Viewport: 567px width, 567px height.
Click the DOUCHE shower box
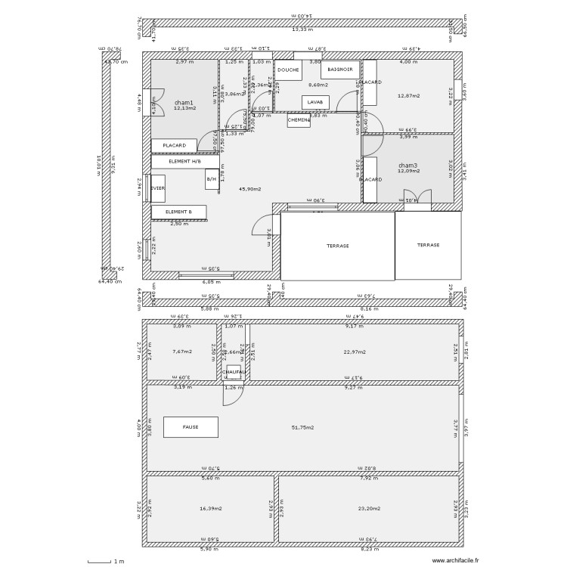288,70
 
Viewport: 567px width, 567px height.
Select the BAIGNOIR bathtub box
339,70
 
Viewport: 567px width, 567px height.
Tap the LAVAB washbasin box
315,101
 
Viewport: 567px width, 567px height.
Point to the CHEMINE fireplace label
299,119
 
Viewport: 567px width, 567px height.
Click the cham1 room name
184,103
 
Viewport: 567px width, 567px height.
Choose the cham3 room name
407,165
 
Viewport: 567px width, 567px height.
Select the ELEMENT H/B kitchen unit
184,161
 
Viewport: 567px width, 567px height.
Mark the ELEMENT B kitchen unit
178,212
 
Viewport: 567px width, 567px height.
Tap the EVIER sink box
158,188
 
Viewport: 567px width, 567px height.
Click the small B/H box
212,179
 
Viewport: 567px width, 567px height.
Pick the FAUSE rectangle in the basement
191,426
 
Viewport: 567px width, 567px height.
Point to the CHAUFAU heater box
234,372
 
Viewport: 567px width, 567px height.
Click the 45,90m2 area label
249,188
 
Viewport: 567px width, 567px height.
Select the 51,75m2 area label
303,427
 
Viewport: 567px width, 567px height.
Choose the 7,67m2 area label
181,352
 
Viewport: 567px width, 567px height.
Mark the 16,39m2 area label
210,509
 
